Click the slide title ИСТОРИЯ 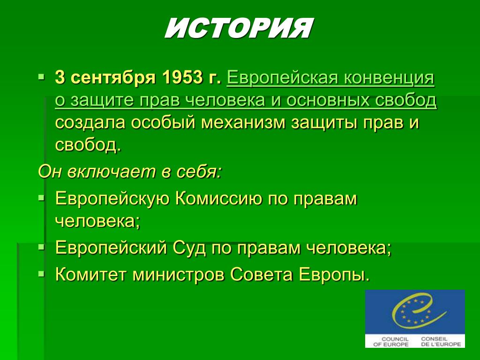[x=239, y=28]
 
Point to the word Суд [x=189, y=247]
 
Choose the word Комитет [x=90, y=274]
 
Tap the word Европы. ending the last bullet [x=334, y=274]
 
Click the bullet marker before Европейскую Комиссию [x=41, y=198]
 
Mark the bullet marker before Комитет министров [x=41, y=273]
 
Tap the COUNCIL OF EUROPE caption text [x=391, y=342]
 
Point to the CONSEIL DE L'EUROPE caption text [x=441, y=342]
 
